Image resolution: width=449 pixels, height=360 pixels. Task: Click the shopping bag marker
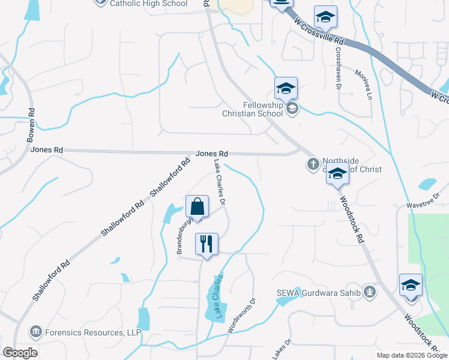pos(197,208)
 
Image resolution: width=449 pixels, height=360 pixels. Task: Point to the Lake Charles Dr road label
pos(219,182)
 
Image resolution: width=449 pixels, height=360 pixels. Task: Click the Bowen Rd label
pos(31,125)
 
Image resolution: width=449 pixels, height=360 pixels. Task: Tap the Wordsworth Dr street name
pos(242,316)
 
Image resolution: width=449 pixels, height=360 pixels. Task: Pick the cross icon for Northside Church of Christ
pos(313,163)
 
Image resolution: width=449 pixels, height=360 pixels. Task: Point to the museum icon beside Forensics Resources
pos(36,332)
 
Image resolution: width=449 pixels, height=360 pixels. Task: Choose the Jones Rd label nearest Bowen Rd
pos(47,149)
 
